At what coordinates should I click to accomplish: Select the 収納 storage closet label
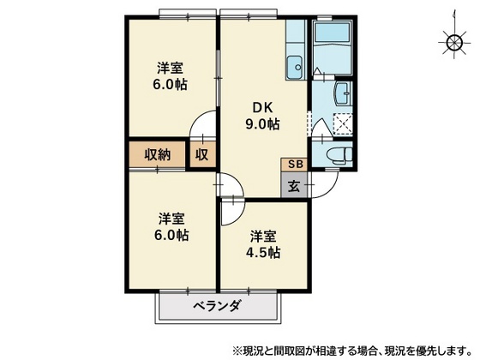[x=157, y=155]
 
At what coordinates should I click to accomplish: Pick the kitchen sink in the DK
[x=295, y=64]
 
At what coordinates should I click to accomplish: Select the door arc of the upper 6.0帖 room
[x=202, y=127]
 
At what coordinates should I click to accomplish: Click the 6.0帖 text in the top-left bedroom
[x=172, y=84]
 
